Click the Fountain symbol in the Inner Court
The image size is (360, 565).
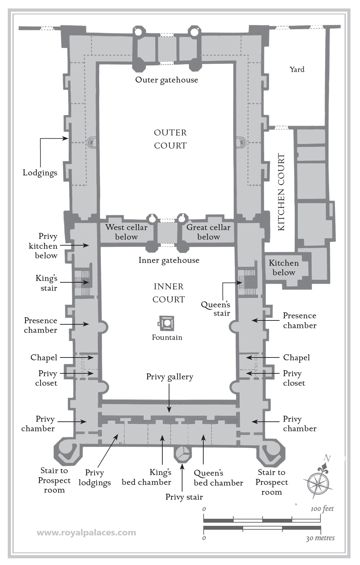point(166,323)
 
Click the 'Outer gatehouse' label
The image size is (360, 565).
point(167,80)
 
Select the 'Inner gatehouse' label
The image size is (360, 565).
point(169,260)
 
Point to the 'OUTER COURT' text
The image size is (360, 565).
point(170,139)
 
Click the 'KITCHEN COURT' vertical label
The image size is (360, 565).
point(281,192)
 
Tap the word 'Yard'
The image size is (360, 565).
point(297,70)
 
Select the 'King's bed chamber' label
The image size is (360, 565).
point(146,477)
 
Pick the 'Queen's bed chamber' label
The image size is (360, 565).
point(218,478)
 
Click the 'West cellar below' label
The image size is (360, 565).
point(126,232)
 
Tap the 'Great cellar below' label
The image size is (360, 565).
point(208,232)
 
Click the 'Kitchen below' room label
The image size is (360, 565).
point(284,268)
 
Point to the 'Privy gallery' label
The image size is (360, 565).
point(170,377)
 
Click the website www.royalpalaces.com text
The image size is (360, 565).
point(86,533)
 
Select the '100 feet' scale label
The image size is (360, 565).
point(322,509)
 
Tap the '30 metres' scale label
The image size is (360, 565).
point(320,538)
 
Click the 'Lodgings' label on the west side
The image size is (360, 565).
point(40,173)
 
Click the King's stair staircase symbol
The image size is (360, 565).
point(84,283)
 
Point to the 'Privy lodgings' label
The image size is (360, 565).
point(95,478)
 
